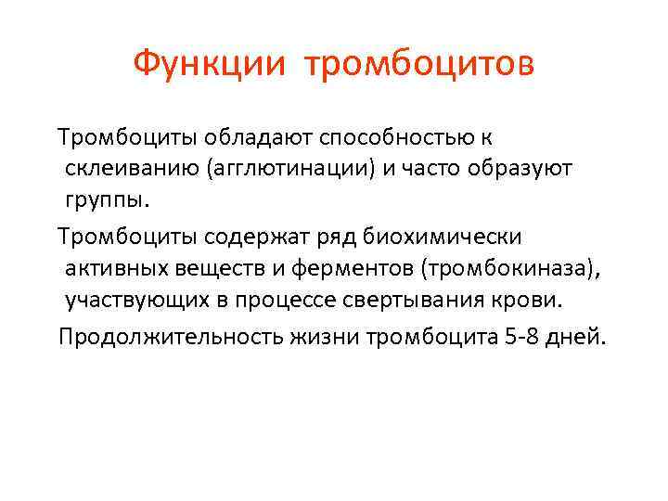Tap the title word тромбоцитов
418,64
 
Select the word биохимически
443,236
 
